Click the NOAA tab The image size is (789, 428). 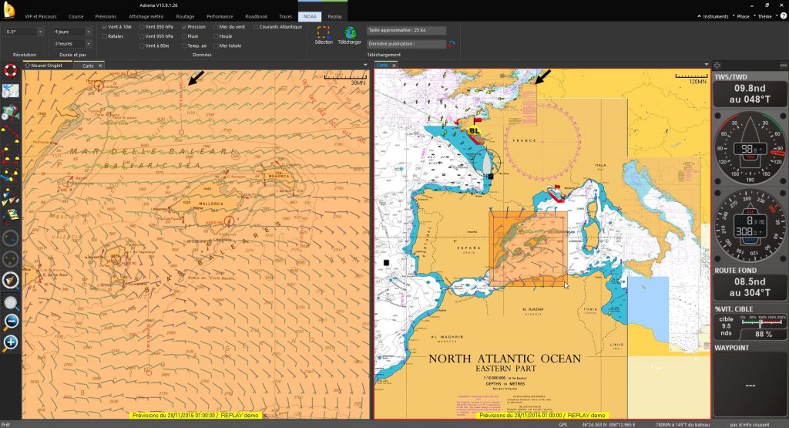(x=308, y=15)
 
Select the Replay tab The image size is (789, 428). (x=334, y=15)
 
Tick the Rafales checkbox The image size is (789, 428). (x=106, y=36)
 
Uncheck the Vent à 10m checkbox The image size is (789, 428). (x=106, y=26)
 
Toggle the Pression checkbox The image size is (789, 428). (x=184, y=26)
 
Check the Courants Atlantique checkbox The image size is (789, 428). (x=255, y=26)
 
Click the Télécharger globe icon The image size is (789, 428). (x=351, y=33)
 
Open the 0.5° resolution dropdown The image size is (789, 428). (x=24, y=32)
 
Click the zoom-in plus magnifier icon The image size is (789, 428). (x=11, y=342)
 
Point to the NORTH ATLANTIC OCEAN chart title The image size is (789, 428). (x=504, y=358)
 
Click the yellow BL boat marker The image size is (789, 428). (x=474, y=131)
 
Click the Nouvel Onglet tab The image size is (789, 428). (x=47, y=66)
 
